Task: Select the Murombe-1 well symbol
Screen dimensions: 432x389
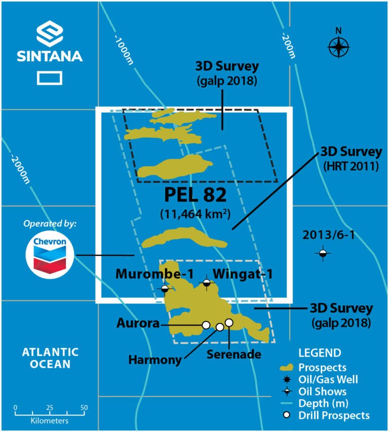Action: tap(165, 289)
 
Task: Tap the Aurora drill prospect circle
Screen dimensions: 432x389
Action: tap(206, 325)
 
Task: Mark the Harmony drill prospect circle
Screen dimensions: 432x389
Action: tap(220, 327)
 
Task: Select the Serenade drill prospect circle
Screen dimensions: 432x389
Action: tap(229, 323)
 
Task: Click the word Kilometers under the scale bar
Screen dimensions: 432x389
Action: tap(50, 420)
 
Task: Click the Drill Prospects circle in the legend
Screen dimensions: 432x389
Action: tap(287, 415)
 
